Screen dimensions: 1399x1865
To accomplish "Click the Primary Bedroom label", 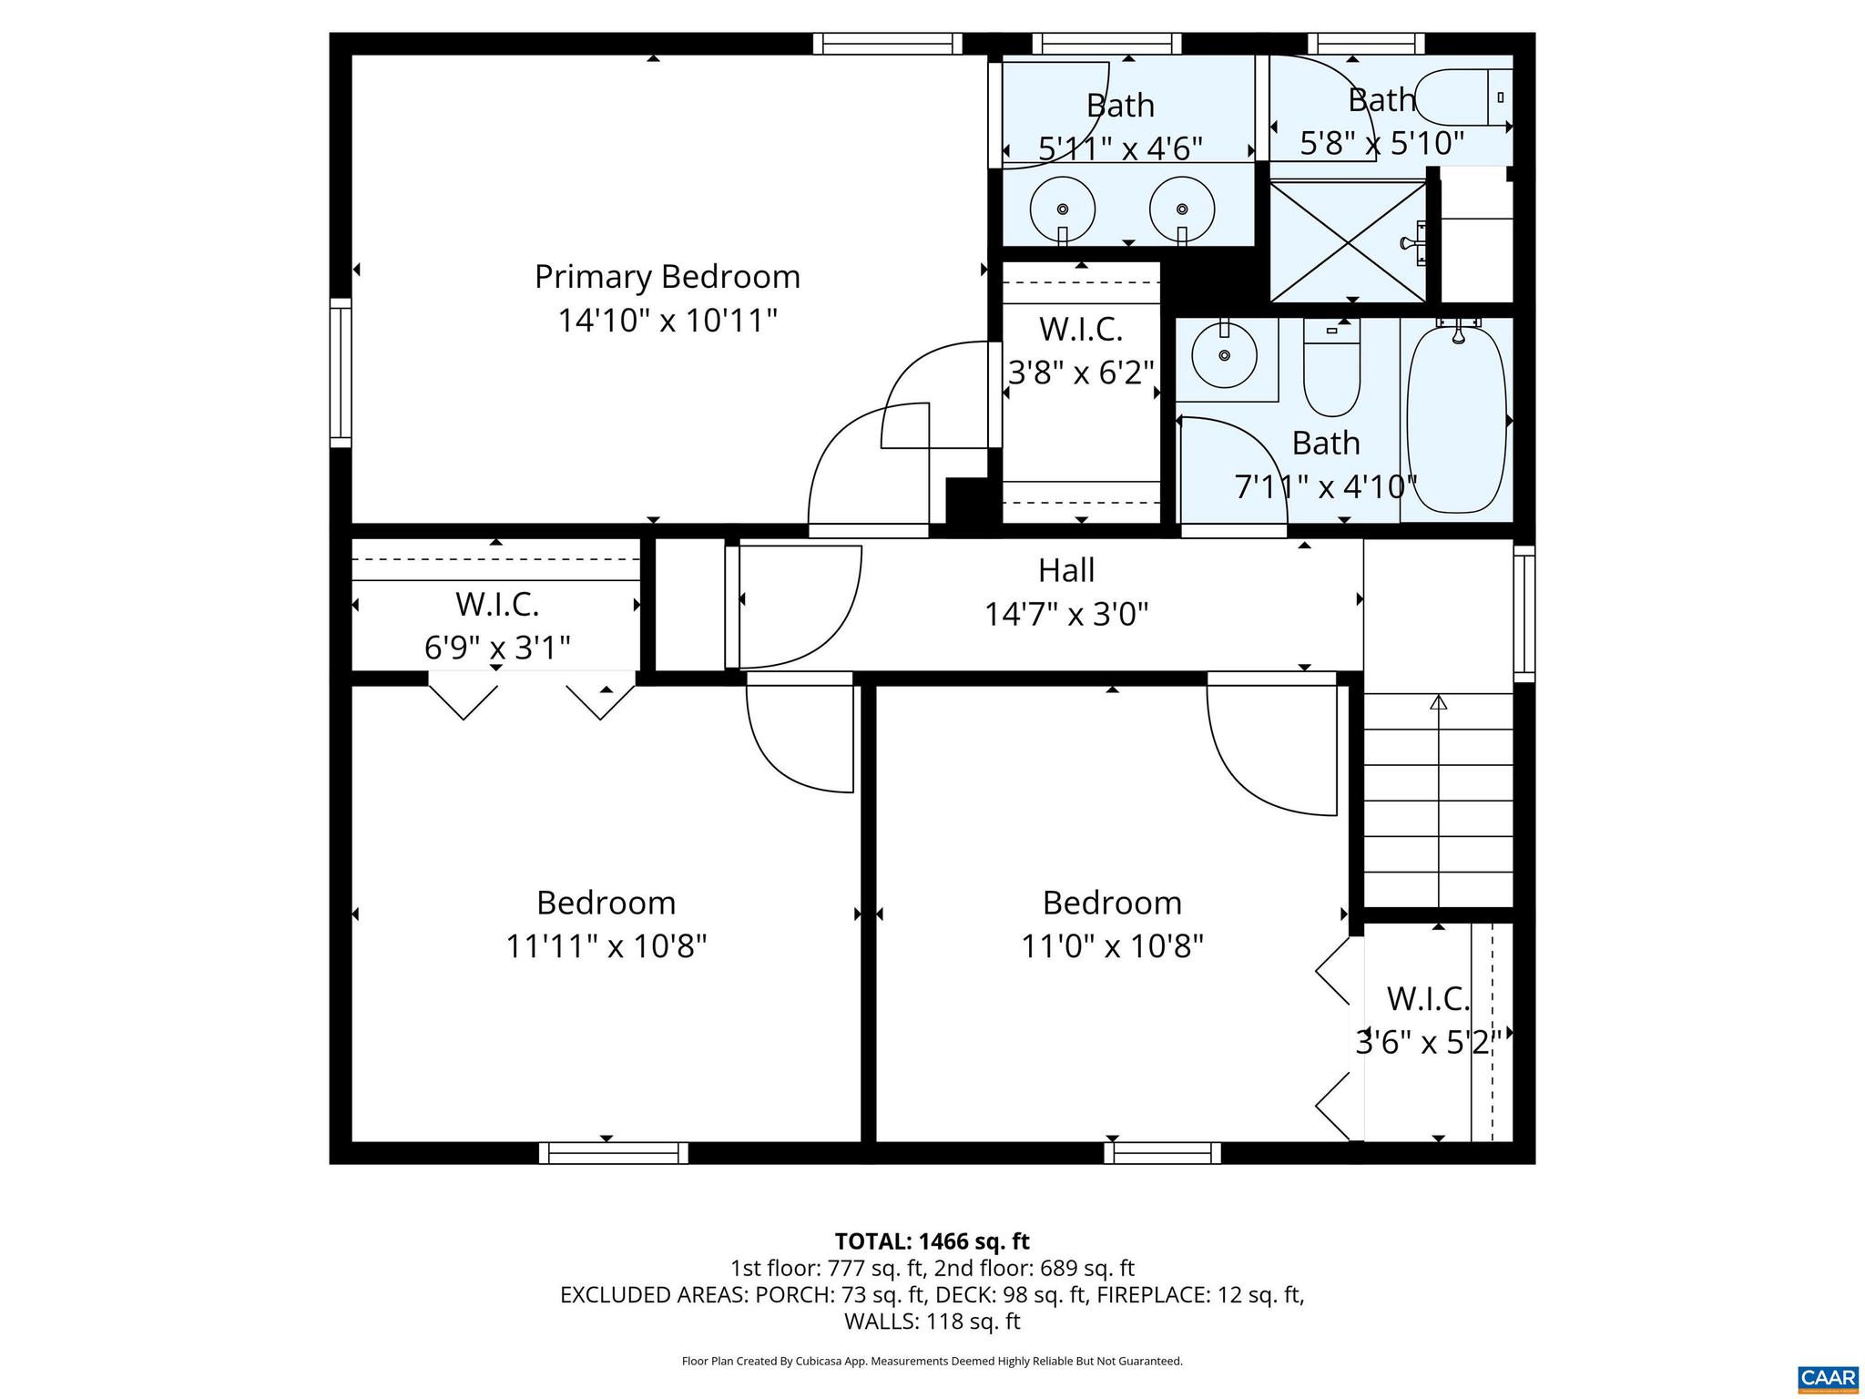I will (x=667, y=277).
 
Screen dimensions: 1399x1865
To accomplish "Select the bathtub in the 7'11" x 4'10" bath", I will (x=1456, y=420).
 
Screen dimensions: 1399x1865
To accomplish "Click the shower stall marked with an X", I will (x=1348, y=240).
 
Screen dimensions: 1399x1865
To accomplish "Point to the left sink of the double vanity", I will (x=1062, y=209).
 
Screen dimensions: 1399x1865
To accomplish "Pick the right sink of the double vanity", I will (x=1182, y=209).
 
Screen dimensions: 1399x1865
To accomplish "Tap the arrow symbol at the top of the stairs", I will (x=1438, y=702).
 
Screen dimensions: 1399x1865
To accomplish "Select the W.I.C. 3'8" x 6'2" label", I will (x=1081, y=351).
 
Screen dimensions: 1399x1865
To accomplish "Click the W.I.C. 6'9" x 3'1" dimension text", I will (x=497, y=648).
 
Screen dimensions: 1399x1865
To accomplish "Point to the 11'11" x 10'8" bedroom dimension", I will (x=606, y=946).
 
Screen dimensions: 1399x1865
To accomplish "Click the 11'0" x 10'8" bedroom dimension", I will (x=1112, y=946).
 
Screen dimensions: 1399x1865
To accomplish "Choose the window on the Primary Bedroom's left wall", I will (x=341, y=373).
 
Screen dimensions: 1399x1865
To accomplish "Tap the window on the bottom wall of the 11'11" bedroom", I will (x=614, y=1153).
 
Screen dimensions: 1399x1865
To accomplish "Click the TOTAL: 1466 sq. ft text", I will (x=932, y=1241).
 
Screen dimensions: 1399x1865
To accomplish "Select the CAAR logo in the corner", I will (x=1828, y=1377).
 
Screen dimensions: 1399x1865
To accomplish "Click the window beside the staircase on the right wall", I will (x=1524, y=613).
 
